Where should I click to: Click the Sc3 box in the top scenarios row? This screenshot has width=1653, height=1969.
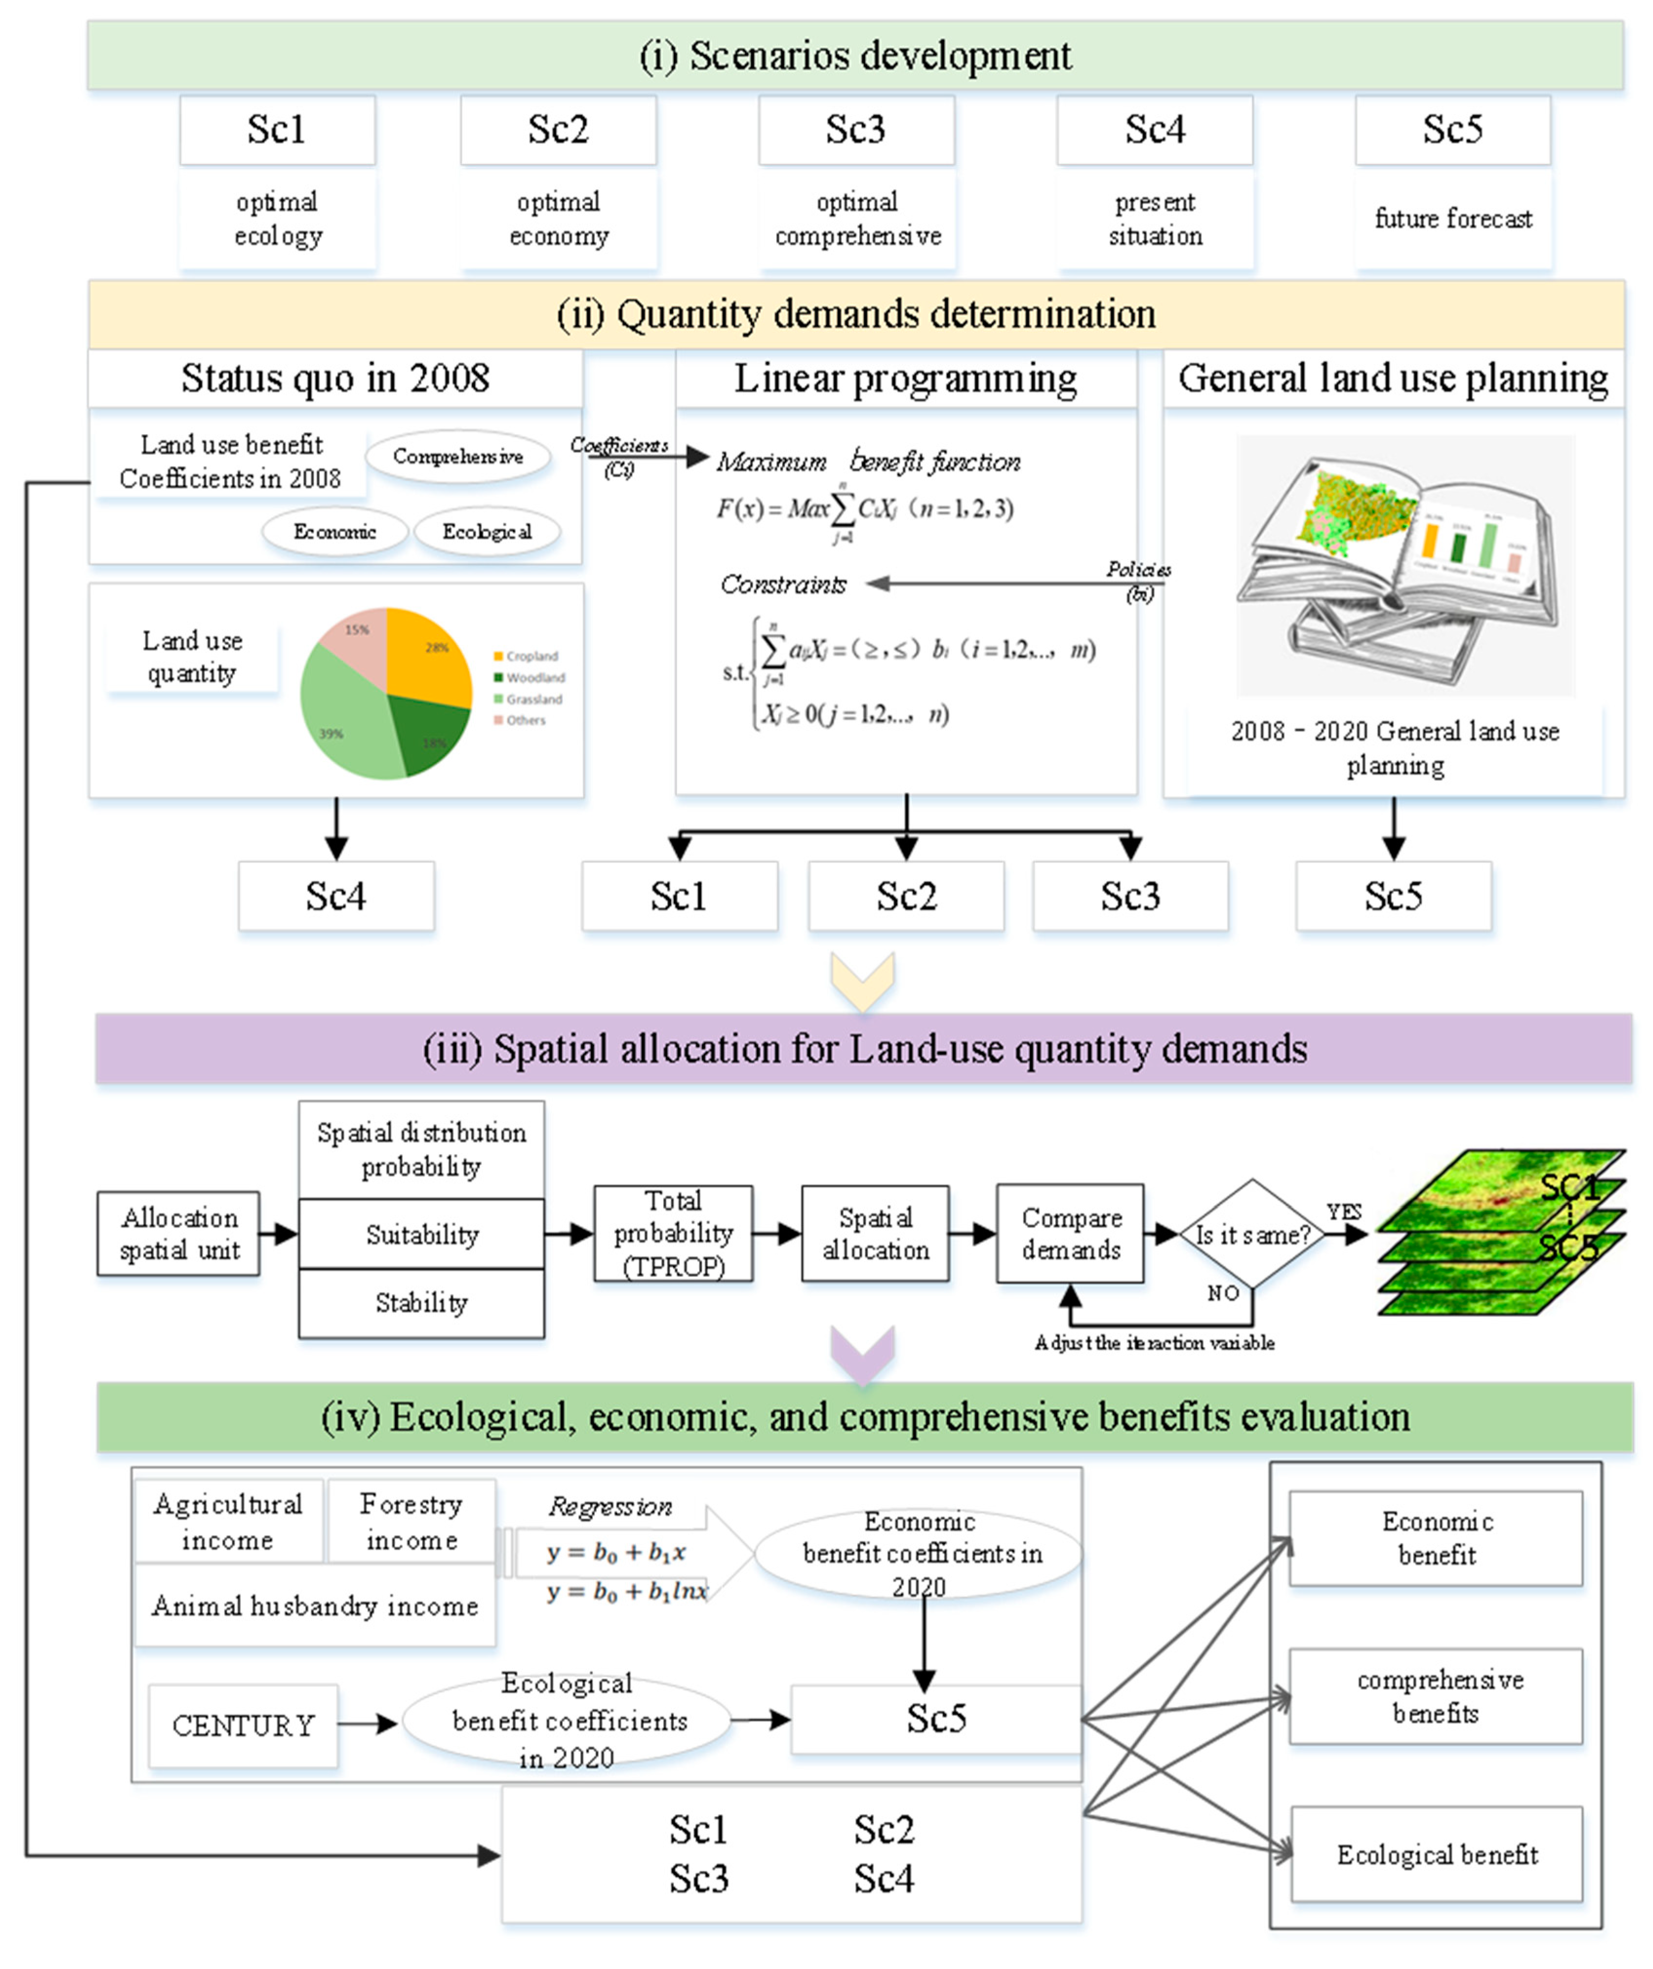856,129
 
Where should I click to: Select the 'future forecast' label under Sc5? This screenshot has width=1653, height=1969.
1453,219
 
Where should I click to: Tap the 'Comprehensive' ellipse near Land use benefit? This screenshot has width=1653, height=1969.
457,457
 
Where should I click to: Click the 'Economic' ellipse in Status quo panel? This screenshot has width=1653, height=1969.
335,532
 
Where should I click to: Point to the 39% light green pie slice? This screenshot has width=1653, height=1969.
342,717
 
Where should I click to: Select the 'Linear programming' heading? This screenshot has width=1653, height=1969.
905,379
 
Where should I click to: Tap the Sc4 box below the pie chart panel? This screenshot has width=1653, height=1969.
335,896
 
